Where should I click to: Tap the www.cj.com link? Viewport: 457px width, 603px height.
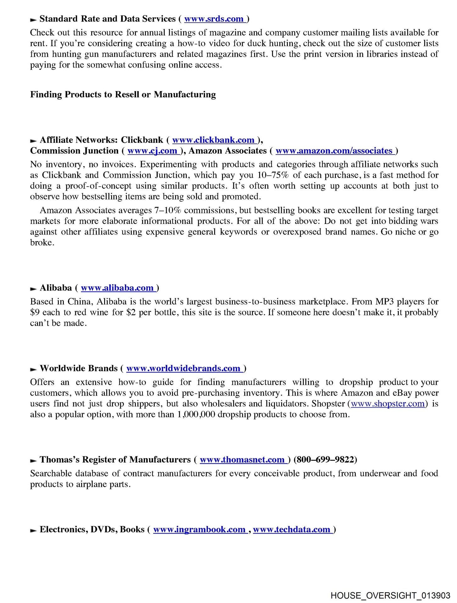click(153, 151)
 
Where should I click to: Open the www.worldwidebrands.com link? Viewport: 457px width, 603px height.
click(184, 368)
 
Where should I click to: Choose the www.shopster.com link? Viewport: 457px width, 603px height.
click(387, 404)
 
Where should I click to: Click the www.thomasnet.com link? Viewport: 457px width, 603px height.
click(243, 460)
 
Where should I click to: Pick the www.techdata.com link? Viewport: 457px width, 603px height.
click(293, 530)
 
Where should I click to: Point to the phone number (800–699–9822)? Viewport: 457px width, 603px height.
click(325, 460)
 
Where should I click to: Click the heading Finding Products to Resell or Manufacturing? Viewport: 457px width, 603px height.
click(123, 95)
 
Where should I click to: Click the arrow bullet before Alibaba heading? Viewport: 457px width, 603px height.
click(33, 289)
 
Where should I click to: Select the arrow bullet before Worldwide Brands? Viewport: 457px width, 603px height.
click(33, 369)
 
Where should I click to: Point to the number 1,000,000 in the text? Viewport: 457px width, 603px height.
click(196, 415)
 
